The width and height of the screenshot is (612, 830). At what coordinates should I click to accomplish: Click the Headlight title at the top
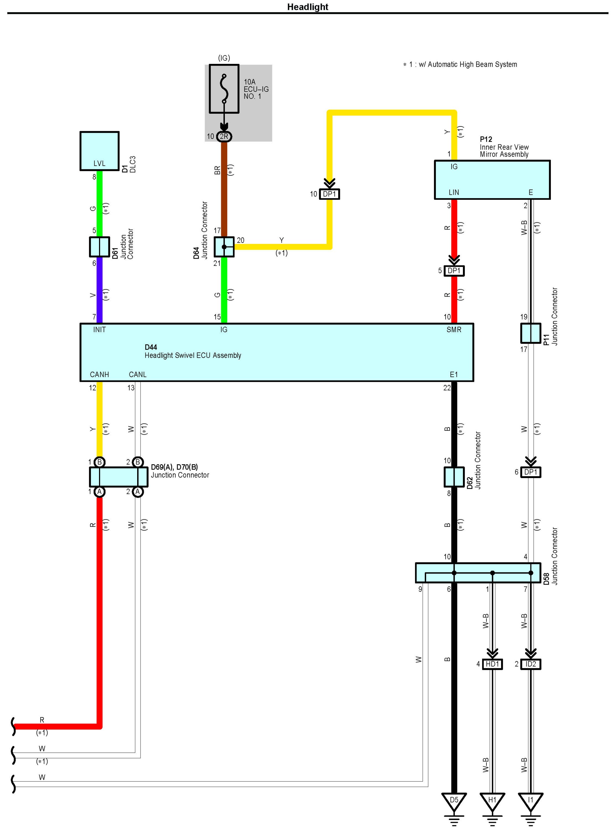(x=308, y=7)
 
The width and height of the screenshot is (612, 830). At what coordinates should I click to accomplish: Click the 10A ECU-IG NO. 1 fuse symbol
(x=224, y=89)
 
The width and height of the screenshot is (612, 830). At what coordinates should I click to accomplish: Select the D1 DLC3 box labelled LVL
(x=99, y=151)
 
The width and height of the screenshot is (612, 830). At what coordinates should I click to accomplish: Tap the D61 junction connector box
(x=99, y=247)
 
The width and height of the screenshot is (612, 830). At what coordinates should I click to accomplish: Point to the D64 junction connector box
(x=224, y=247)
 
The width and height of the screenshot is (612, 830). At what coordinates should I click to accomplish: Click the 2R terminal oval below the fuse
(x=224, y=136)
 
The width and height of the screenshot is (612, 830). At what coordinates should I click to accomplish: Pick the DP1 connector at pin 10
(x=329, y=194)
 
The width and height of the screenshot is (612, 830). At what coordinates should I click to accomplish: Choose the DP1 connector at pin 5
(x=454, y=271)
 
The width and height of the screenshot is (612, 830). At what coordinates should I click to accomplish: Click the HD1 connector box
(x=492, y=664)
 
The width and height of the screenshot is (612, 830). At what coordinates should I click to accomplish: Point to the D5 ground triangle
(x=454, y=800)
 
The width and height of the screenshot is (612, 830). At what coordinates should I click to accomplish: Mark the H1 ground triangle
(x=492, y=800)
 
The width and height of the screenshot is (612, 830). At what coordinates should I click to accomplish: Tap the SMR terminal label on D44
(x=454, y=330)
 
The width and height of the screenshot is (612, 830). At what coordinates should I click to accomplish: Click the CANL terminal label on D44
(x=137, y=374)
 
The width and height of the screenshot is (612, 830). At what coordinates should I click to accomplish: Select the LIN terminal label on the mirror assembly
(x=454, y=192)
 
